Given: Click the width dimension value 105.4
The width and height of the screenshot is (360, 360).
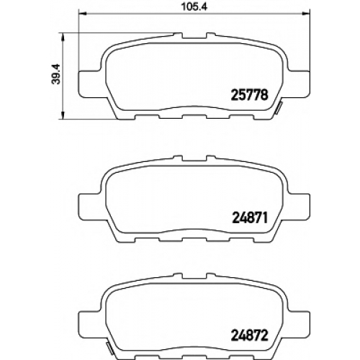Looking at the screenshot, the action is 194,6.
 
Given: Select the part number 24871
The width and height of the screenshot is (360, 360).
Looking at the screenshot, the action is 250,218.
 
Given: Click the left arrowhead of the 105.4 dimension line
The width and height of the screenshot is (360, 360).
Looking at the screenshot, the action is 82,14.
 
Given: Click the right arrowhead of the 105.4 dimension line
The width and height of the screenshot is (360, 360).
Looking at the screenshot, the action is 307,14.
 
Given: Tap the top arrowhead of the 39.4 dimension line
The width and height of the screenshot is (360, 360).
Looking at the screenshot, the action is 63,37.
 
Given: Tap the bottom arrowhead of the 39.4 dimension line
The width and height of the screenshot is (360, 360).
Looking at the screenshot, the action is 63,115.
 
